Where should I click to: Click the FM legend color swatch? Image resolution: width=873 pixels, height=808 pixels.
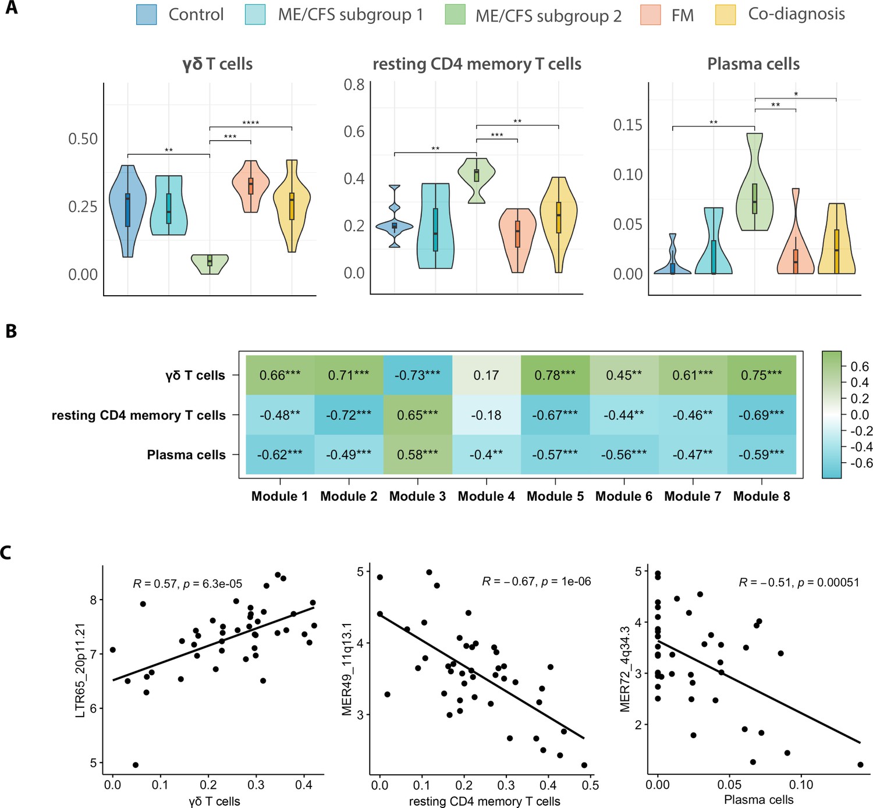[x=650, y=15]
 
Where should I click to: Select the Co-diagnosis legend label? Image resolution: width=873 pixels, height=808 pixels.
[x=796, y=13]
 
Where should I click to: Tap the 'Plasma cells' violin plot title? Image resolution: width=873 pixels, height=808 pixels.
[x=753, y=64]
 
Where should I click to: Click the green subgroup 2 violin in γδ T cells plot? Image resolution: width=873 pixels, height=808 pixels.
[x=210, y=264]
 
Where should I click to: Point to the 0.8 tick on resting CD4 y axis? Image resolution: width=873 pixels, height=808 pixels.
[x=354, y=84]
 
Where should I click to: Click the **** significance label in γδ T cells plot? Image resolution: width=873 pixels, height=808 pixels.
[x=251, y=123]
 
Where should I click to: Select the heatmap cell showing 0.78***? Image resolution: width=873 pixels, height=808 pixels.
[x=555, y=375]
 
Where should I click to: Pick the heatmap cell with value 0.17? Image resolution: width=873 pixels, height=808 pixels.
[x=486, y=375]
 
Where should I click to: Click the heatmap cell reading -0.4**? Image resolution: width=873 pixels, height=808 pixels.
[x=486, y=455]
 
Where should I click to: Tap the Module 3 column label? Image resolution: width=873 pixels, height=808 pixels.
[x=417, y=496]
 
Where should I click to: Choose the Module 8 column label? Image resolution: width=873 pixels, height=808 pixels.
[x=761, y=496]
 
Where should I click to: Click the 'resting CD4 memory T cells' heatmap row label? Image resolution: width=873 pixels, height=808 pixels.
[x=139, y=415]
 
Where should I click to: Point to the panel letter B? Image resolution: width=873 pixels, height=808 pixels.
[x=11, y=331]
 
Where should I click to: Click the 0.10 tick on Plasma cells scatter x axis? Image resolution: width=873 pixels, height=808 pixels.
[x=801, y=784]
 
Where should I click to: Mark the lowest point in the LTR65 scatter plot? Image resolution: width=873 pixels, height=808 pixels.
[x=136, y=764]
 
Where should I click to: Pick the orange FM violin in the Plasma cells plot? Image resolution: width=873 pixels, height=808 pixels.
[x=795, y=231]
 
